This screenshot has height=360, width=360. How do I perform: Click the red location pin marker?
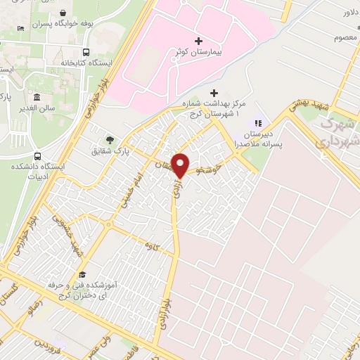click(x=180, y=165)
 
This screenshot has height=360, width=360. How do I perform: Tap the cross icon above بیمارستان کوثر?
click(x=199, y=40)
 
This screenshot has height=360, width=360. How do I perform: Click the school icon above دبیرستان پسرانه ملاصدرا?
click(x=257, y=124)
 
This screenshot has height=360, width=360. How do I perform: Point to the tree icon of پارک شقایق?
click(x=108, y=139)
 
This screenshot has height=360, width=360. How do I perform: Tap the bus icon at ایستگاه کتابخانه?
click(x=86, y=52)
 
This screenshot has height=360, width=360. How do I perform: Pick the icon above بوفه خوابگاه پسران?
click(x=63, y=13)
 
